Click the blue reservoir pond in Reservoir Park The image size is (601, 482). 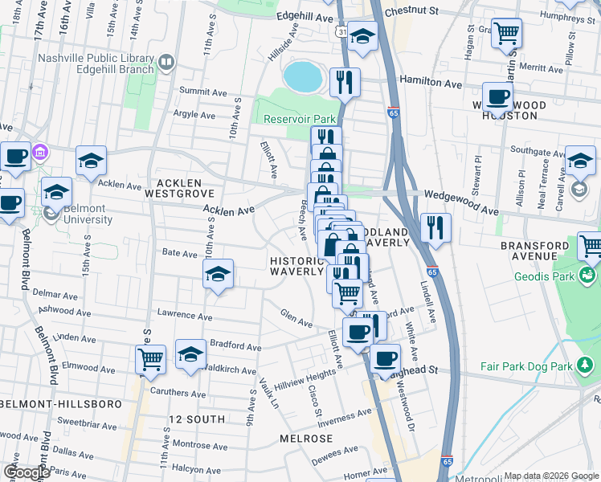tap(301, 77)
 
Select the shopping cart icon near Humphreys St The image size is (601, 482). tap(506, 33)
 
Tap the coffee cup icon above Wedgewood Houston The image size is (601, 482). tap(497, 96)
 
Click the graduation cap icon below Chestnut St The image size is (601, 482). tap(362, 36)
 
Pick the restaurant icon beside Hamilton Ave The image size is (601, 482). tap(345, 81)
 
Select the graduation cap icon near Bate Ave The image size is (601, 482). tap(218, 274)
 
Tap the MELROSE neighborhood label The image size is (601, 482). tap(305, 439)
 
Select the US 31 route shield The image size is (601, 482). tap(341, 31)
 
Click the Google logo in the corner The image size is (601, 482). tap(27, 472)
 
